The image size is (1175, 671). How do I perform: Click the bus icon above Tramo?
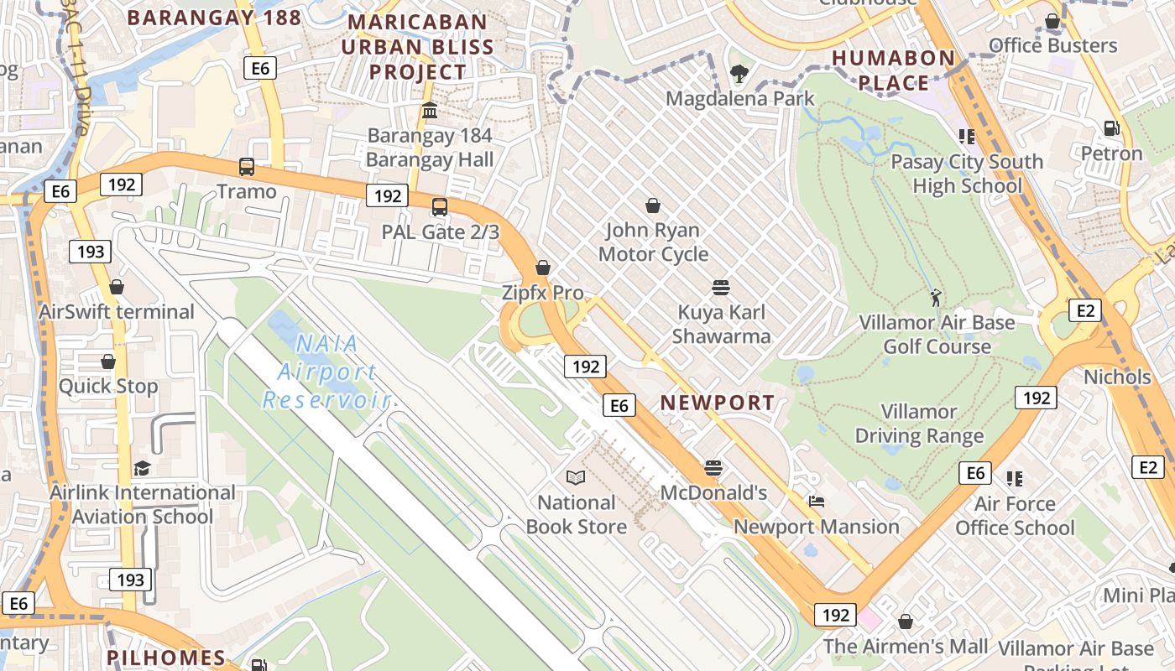tap(247, 167)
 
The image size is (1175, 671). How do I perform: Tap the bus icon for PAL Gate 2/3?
tap(440, 207)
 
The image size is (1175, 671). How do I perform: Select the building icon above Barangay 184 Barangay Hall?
tap(430, 111)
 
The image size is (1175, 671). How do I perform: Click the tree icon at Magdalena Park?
tap(739, 74)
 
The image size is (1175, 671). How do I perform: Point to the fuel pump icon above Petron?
tap(1112, 128)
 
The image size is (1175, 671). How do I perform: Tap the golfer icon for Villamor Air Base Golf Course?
tap(936, 297)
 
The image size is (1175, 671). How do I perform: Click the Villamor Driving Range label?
tap(919, 424)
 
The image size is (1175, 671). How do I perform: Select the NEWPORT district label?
tap(718, 403)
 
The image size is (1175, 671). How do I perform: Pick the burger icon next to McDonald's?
tap(713, 468)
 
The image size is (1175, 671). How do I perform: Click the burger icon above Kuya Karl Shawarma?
tap(720, 288)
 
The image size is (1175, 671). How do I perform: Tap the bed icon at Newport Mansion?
tap(817, 502)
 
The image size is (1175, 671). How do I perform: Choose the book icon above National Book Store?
tap(576, 478)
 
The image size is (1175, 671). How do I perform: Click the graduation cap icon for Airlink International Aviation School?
tap(142, 468)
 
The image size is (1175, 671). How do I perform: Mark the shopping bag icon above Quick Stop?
tap(108, 362)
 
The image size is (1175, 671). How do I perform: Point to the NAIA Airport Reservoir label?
tap(326, 372)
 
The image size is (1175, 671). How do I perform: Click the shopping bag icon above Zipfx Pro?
tap(543, 268)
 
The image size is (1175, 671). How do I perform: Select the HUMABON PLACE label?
tap(894, 70)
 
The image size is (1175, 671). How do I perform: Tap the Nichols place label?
tap(1117, 377)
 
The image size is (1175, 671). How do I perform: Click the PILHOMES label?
tap(166, 658)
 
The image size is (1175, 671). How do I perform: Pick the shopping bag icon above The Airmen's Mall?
tap(905, 622)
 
